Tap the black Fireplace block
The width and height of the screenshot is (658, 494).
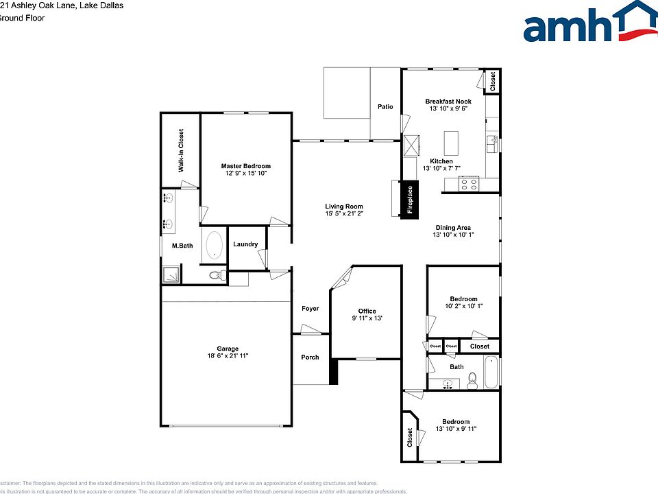tap(411, 200)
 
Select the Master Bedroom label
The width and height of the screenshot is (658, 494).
tap(245, 166)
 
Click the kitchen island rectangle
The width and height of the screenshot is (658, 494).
tap(451, 143)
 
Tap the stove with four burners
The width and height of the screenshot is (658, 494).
tap(469, 183)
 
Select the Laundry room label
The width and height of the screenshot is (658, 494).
tap(245, 244)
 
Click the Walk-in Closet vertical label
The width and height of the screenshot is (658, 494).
tap(181, 150)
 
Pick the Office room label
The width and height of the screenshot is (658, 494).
tap(367, 311)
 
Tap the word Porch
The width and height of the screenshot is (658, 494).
tap(310, 357)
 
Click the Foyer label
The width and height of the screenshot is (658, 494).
tap(310, 309)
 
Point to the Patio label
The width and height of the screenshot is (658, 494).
tap(385, 106)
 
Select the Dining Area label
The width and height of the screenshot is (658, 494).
tap(453, 228)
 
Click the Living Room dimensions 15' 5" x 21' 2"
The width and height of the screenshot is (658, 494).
tap(344, 214)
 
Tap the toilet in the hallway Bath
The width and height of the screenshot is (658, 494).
tap(472, 381)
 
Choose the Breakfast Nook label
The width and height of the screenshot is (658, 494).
tap(448, 102)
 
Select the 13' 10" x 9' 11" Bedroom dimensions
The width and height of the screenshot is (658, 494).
tap(456, 429)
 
